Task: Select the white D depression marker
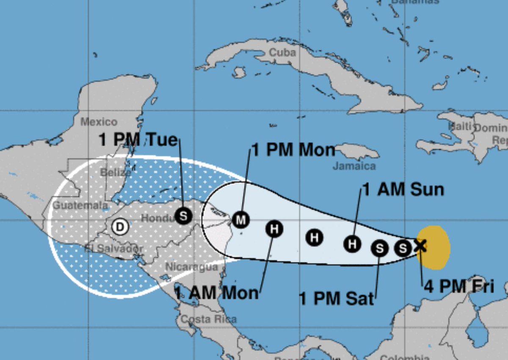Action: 120,227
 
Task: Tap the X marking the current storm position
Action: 420,245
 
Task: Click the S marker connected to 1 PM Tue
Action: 183,216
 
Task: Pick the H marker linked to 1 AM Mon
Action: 274,229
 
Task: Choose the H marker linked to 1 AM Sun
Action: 352,244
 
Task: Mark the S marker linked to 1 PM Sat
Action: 380,248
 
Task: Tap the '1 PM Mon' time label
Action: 293,150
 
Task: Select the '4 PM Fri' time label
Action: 459,286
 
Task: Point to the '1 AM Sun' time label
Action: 403,190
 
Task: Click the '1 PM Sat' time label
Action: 337,298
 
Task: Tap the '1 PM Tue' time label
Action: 138,139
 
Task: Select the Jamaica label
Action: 354,166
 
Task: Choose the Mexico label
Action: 99,122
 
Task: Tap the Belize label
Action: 116,172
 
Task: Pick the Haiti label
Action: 459,126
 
